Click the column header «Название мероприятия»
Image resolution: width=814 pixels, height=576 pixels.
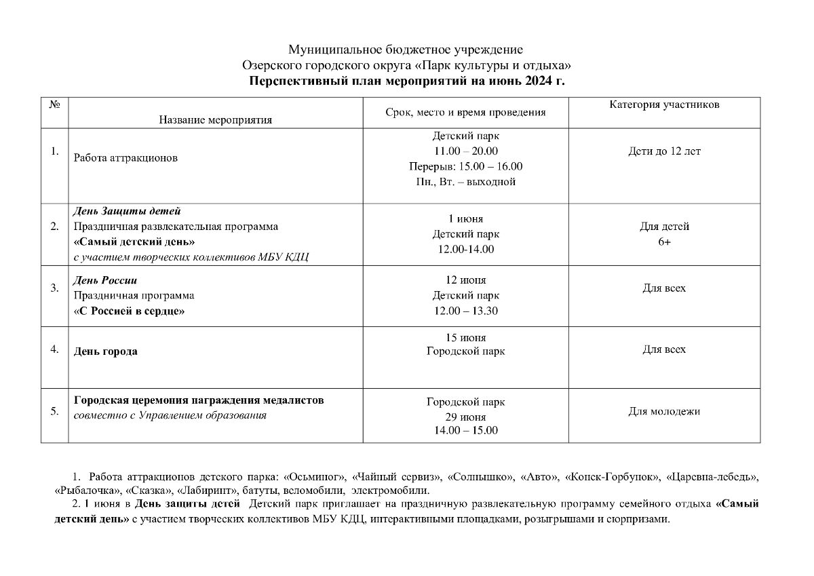(x=215, y=120)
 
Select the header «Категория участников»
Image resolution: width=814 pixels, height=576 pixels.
(x=664, y=104)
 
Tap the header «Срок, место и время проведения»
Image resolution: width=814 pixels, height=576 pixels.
(x=465, y=113)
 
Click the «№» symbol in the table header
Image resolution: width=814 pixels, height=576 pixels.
(x=55, y=104)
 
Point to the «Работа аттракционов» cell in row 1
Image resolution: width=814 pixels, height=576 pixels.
(x=125, y=158)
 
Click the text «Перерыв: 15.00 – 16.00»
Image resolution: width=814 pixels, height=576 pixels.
(x=465, y=166)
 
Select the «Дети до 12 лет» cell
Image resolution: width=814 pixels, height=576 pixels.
(x=664, y=151)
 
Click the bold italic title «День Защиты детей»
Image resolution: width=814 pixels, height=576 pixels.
(x=127, y=211)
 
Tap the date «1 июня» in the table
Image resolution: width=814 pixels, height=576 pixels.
(x=465, y=219)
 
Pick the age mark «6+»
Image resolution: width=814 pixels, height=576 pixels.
(x=664, y=242)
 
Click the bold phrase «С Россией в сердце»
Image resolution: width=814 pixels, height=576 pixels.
(x=130, y=311)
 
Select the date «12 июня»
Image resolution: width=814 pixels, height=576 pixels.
(x=465, y=280)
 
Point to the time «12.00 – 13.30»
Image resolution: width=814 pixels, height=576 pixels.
(x=465, y=311)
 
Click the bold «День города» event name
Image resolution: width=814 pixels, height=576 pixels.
(x=105, y=351)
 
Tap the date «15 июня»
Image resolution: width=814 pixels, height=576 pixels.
(x=465, y=337)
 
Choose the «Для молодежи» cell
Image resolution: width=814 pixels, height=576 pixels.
(x=664, y=411)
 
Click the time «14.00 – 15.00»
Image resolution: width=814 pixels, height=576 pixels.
(x=465, y=431)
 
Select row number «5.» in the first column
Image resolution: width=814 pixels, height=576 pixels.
(x=55, y=411)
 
